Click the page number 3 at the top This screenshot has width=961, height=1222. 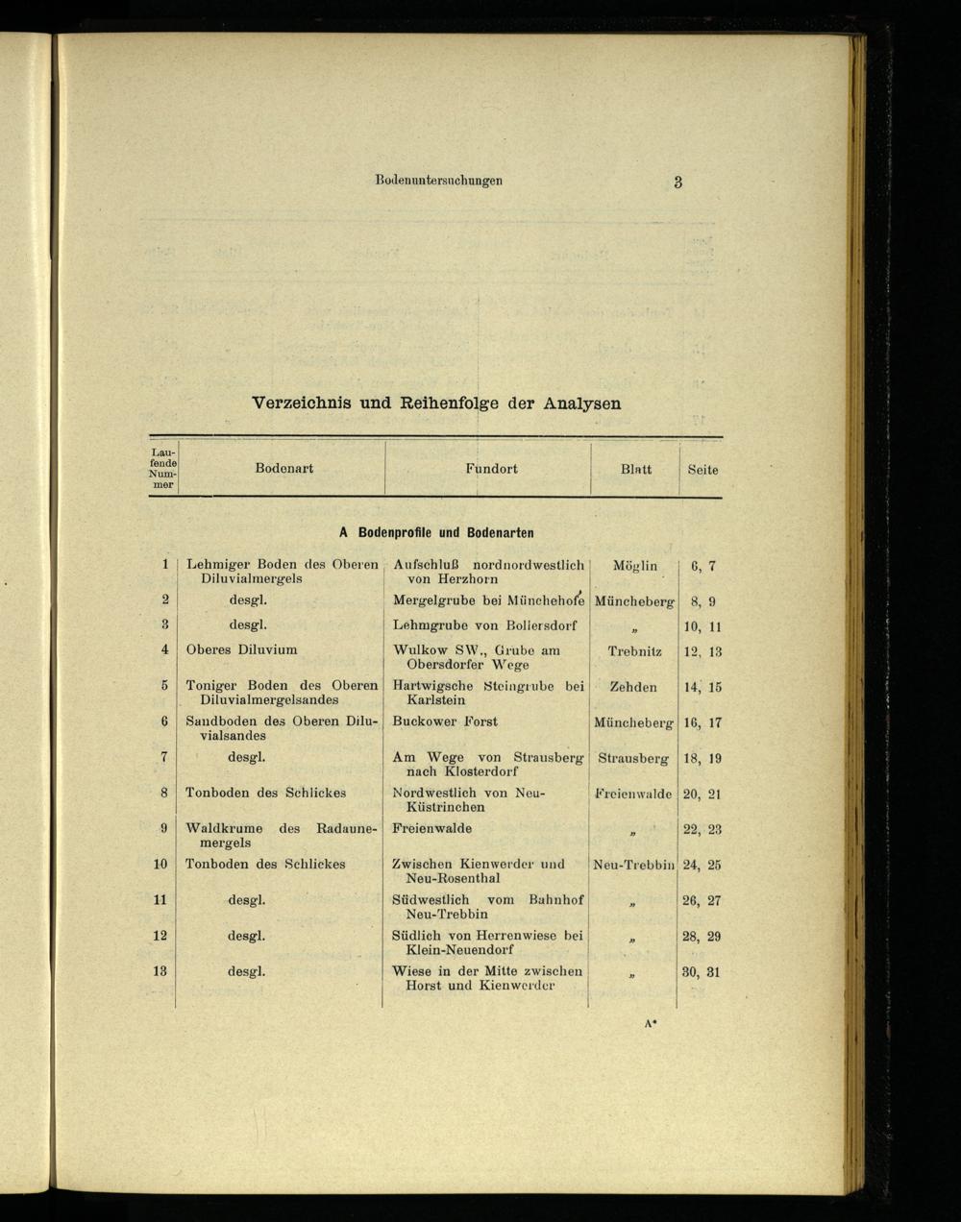click(678, 183)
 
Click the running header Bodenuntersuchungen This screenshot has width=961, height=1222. click(439, 181)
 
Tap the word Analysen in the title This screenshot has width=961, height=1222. click(581, 403)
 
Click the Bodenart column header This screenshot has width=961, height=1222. click(283, 469)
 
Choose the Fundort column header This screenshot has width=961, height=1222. click(491, 469)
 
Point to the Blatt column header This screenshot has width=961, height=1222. click(635, 470)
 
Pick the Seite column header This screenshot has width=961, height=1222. click(702, 470)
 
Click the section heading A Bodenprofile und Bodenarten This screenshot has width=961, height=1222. click(436, 532)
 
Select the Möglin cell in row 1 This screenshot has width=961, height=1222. click(635, 566)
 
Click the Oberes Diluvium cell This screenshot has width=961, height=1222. click(241, 649)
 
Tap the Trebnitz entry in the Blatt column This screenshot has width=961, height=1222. click(635, 651)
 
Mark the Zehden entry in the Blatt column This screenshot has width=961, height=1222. click(633, 687)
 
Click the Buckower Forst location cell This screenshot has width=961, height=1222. click(445, 721)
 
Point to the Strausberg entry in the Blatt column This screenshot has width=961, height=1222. click(633, 758)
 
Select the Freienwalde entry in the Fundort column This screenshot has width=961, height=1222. click(431, 828)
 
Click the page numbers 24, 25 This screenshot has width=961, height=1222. click(702, 865)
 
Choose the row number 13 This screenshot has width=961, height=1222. click(160, 971)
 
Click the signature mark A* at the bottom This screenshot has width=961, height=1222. click(651, 1024)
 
